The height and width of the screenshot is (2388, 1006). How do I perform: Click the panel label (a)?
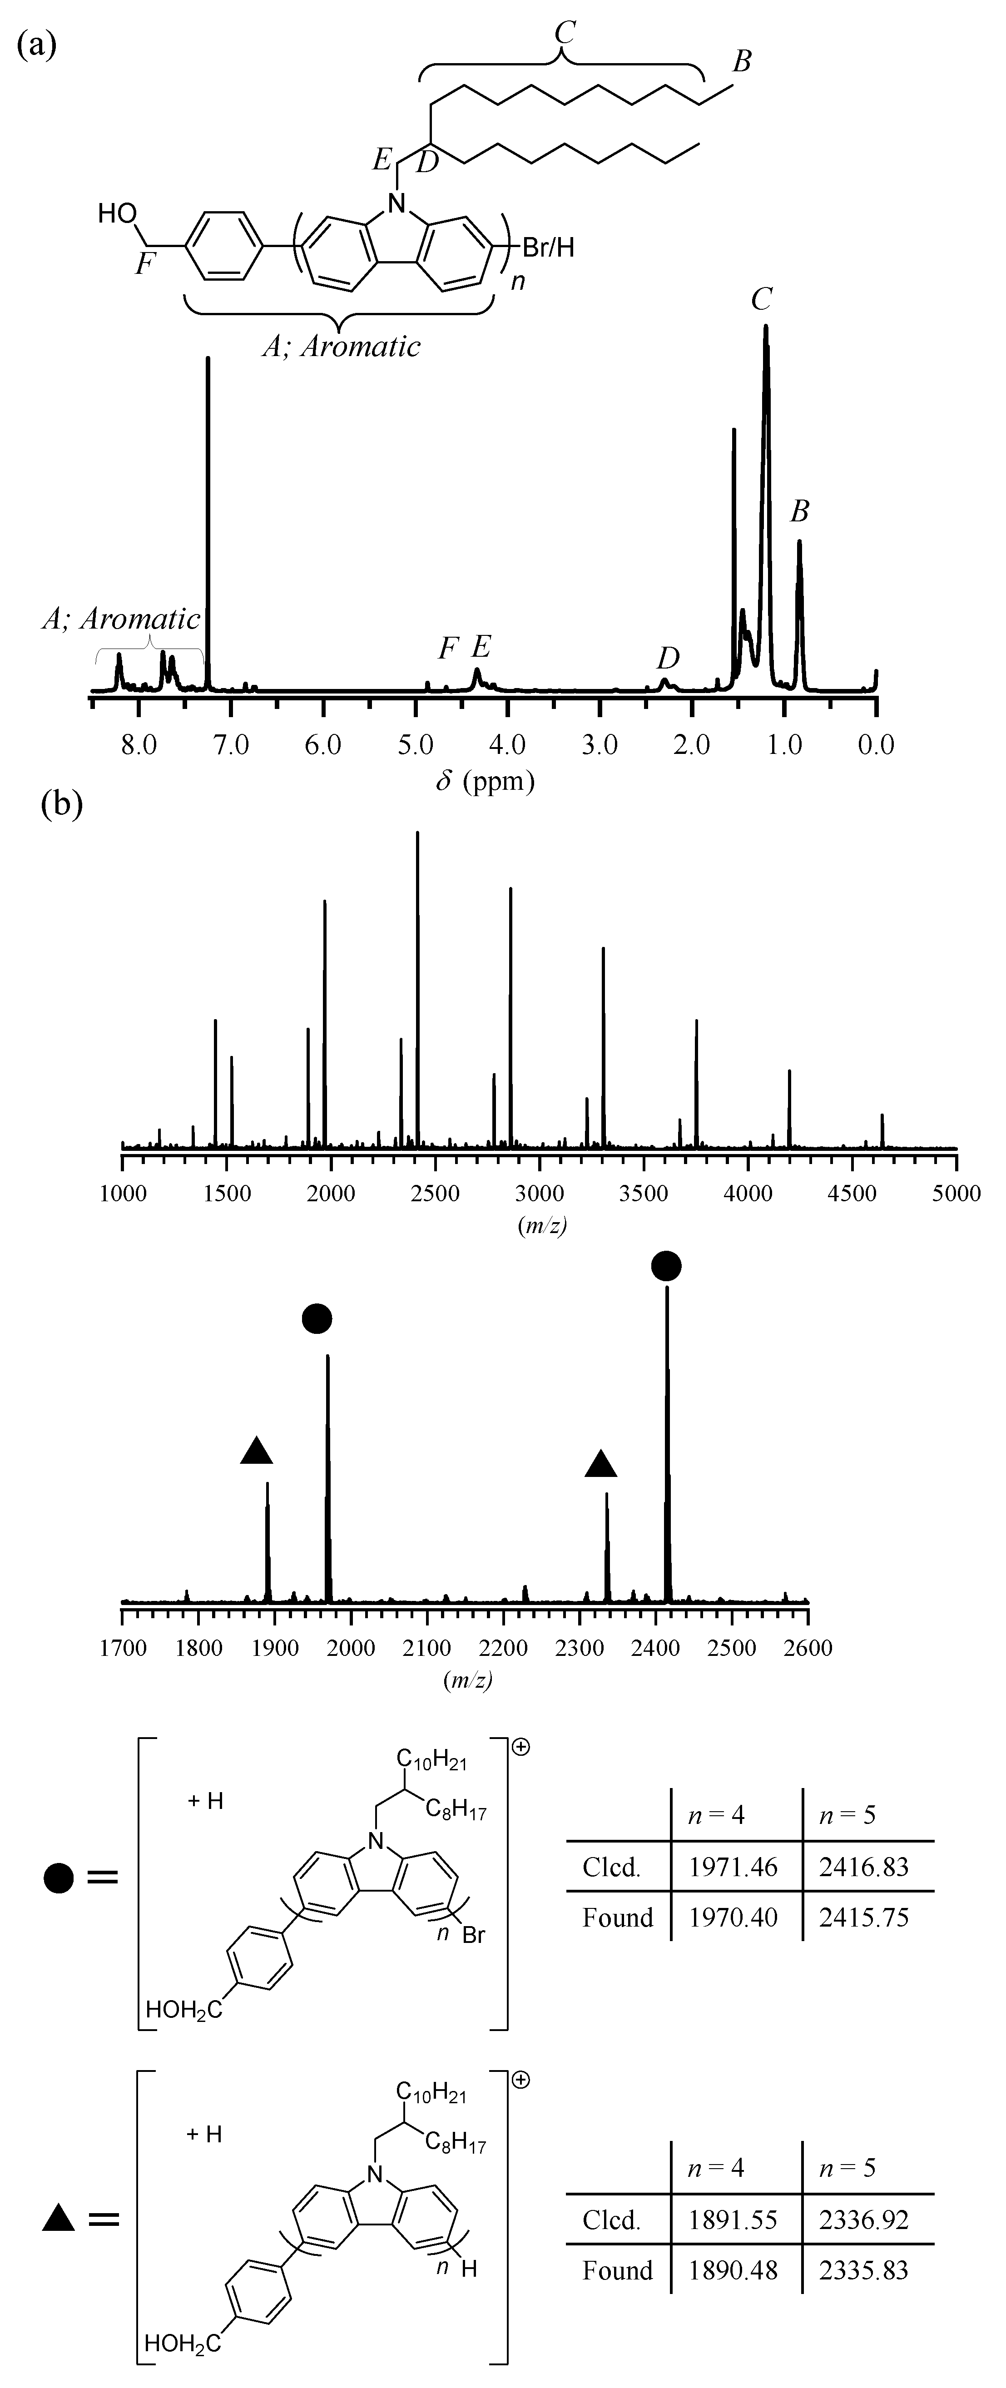[x=37, y=45]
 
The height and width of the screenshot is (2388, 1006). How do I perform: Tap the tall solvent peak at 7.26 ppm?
[x=208, y=519]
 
